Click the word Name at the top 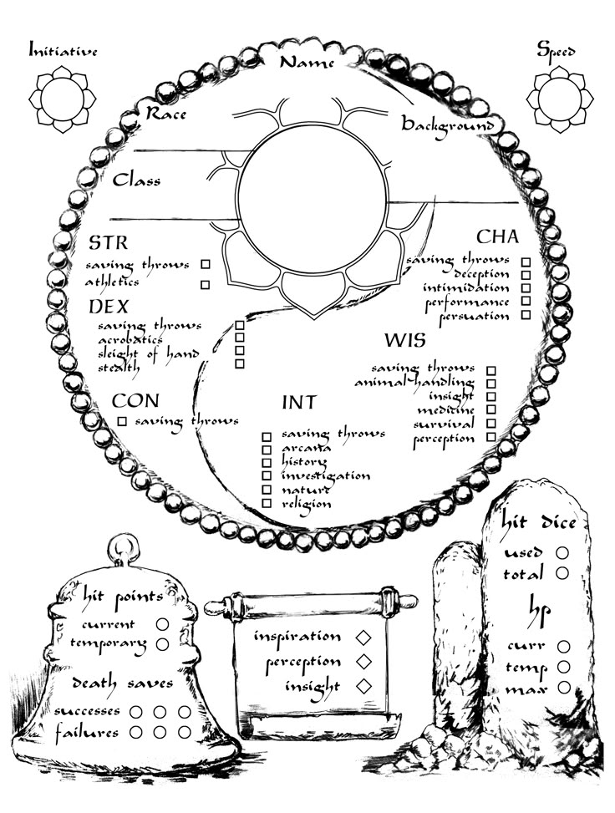pos(307,63)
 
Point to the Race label pos(166,113)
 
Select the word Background pos(448,125)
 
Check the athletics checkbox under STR pos(206,285)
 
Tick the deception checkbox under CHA pos(526,275)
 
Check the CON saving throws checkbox pos(122,421)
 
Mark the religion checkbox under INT pos(267,503)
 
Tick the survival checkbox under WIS pos(491,424)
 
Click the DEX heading pos(109,307)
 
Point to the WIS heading pos(405,340)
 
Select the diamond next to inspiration pos(363,638)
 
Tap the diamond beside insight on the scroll pos(364,686)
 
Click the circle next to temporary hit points pos(162,644)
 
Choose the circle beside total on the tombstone pos(562,573)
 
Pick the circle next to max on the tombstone pos(564,688)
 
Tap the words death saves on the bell pos(122,683)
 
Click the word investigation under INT pos(326,476)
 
